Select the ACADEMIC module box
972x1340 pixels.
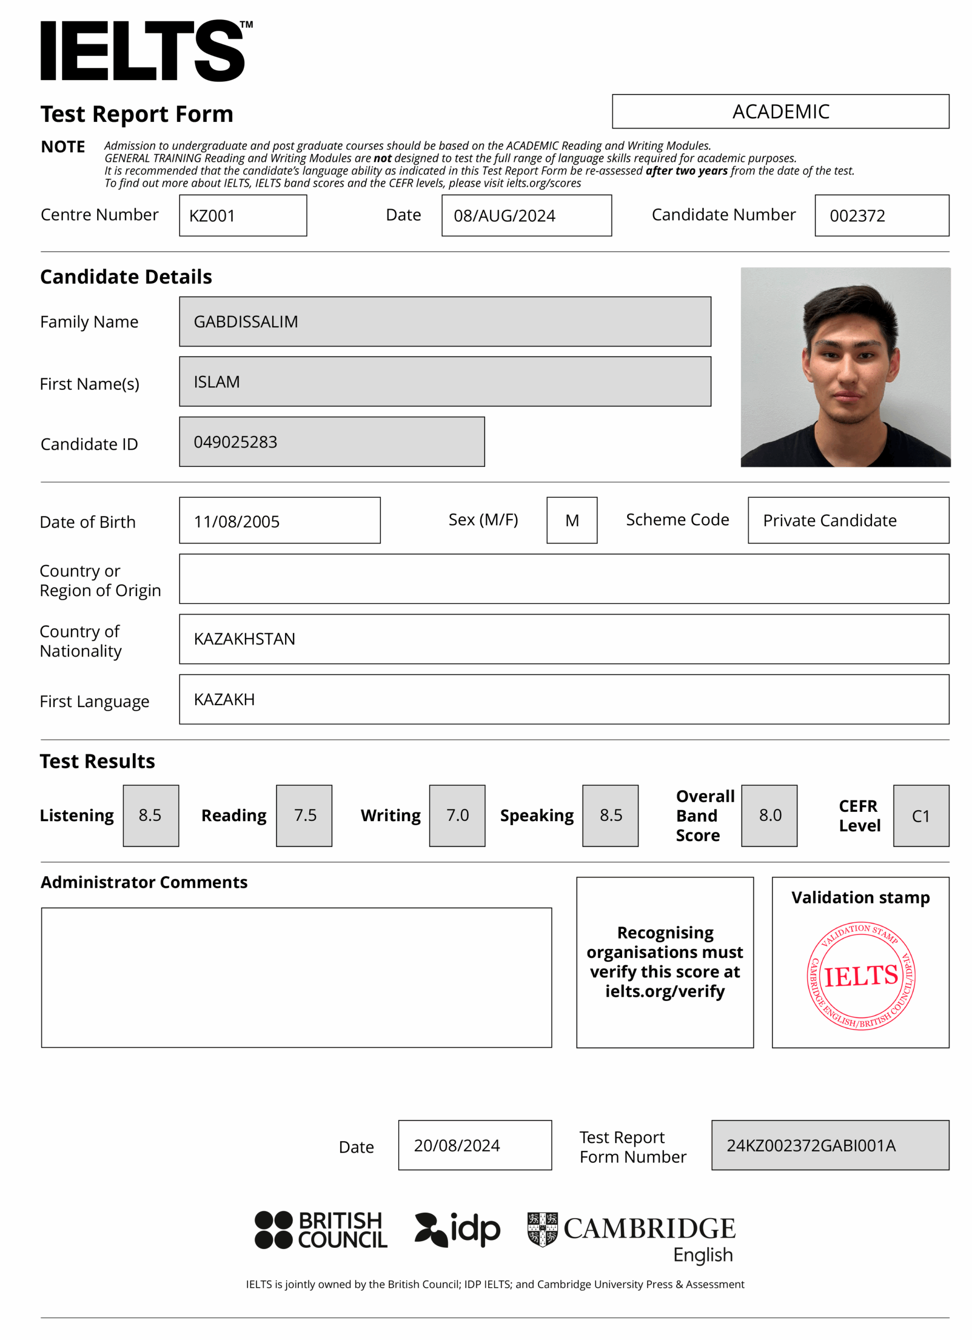click(780, 111)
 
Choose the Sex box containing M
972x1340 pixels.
click(572, 520)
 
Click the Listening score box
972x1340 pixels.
click(151, 816)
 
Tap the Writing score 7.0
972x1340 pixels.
click(457, 816)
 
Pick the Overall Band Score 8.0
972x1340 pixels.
click(770, 816)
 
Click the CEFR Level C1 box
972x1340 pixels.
click(921, 816)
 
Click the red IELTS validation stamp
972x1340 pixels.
click(861, 976)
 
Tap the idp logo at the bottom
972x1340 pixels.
click(458, 1230)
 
